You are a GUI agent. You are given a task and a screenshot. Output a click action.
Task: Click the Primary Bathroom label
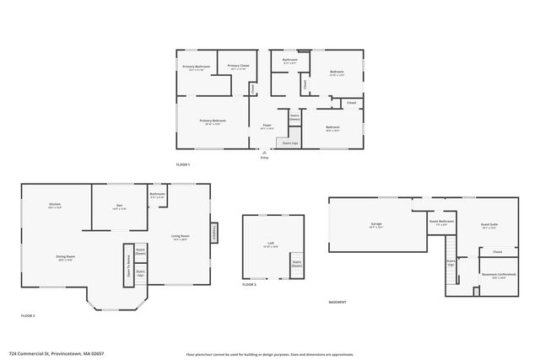click(196, 66)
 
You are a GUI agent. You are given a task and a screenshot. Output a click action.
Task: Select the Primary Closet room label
click(239, 66)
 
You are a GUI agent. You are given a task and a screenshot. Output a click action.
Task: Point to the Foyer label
click(267, 125)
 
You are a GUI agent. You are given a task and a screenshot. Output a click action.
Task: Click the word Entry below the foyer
click(264, 157)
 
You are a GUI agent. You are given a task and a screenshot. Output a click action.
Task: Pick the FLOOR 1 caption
click(183, 164)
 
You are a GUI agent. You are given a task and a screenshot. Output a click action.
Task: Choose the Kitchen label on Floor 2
click(55, 204)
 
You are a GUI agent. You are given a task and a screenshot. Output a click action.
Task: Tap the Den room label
click(120, 205)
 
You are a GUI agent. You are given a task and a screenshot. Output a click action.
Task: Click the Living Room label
click(181, 236)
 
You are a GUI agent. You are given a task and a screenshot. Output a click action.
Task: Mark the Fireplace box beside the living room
click(214, 231)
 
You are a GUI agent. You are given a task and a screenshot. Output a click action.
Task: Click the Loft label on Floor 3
click(271, 244)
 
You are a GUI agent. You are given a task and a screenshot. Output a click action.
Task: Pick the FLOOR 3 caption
click(249, 285)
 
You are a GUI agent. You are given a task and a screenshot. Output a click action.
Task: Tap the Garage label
click(376, 224)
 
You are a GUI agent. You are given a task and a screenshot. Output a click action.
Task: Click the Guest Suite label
click(489, 224)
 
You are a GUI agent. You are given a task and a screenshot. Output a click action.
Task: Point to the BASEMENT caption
click(339, 302)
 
